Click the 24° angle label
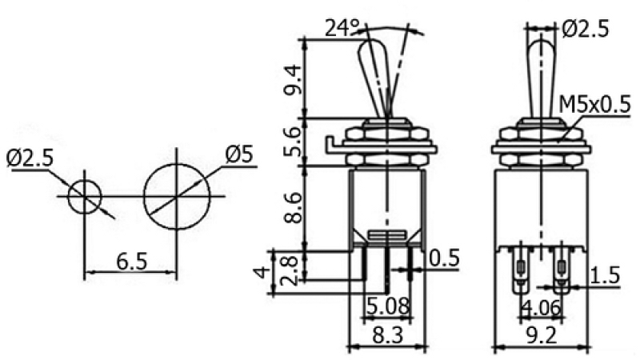click(x=342, y=28)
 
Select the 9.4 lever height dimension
click(x=294, y=79)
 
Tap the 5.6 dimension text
click(x=294, y=142)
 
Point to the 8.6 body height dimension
click(x=294, y=208)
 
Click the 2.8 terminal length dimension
click(x=290, y=270)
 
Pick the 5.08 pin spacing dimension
click(x=387, y=306)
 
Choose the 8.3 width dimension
click(x=387, y=335)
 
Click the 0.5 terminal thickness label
click(x=445, y=258)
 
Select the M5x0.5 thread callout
click(x=594, y=105)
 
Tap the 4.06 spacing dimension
click(x=542, y=308)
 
